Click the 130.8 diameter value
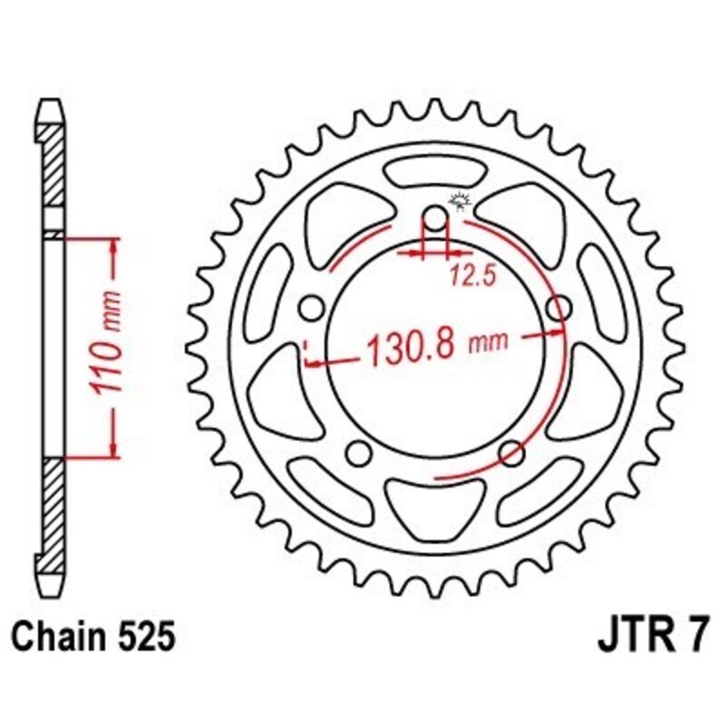pos(410,347)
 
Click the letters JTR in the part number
pos(633,636)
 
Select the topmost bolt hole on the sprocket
pos(436,218)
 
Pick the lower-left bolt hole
pos(360,451)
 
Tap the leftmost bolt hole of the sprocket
pos(313,308)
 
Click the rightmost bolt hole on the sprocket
pos(559,308)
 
